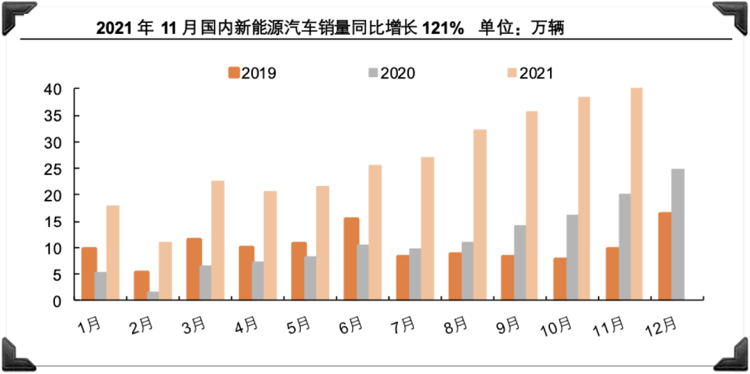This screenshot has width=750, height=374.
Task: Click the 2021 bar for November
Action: (636, 194)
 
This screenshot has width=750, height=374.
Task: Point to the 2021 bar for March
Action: (217, 240)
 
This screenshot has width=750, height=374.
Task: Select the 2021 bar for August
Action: (479, 214)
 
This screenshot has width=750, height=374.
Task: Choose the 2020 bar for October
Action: (572, 257)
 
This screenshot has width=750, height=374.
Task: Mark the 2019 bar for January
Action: (89, 273)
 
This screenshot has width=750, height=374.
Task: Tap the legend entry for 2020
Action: (390, 72)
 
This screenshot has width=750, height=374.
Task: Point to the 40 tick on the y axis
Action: (55, 90)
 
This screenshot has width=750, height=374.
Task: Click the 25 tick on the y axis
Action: (55, 169)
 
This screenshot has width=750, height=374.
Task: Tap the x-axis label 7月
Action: (403, 324)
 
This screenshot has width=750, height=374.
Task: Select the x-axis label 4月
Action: (247, 324)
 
